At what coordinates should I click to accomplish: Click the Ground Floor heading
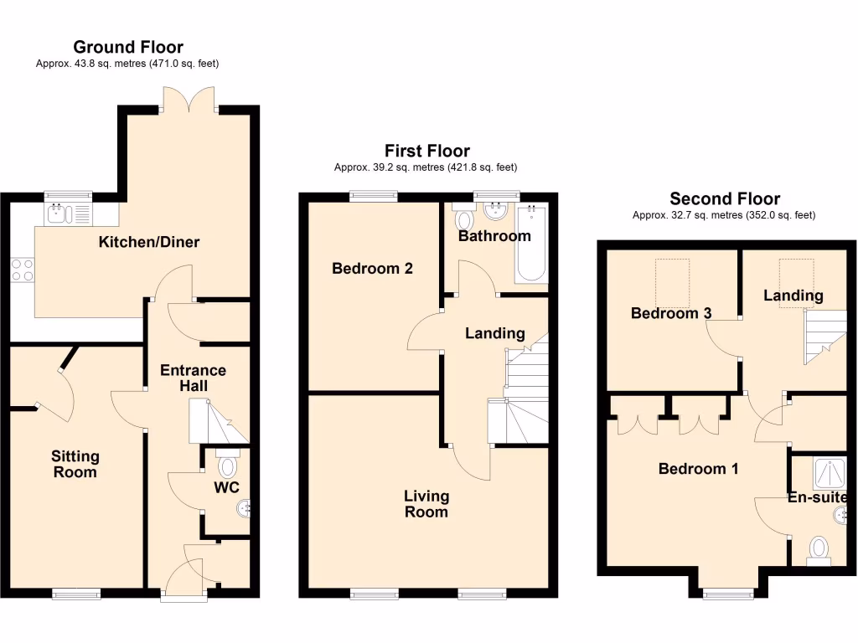pos(127,47)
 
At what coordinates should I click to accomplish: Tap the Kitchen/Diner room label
pos(149,243)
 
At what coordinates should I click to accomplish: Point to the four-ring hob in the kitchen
pos(22,270)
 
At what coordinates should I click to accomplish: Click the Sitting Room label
pos(75,464)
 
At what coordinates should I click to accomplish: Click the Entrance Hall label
pos(193,378)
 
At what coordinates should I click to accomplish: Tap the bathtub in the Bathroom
pos(531,244)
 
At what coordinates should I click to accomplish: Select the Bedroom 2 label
pos(372,269)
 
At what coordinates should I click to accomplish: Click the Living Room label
pos(426,504)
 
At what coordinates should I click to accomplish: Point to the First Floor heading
pos(426,151)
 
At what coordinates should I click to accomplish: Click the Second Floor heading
pos(724,198)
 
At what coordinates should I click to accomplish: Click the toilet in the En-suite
pos(819,550)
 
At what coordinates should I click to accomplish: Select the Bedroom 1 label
pos(697,469)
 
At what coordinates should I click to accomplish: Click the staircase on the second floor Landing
pos(823,335)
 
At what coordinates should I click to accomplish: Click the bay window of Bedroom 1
pos(724,594)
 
